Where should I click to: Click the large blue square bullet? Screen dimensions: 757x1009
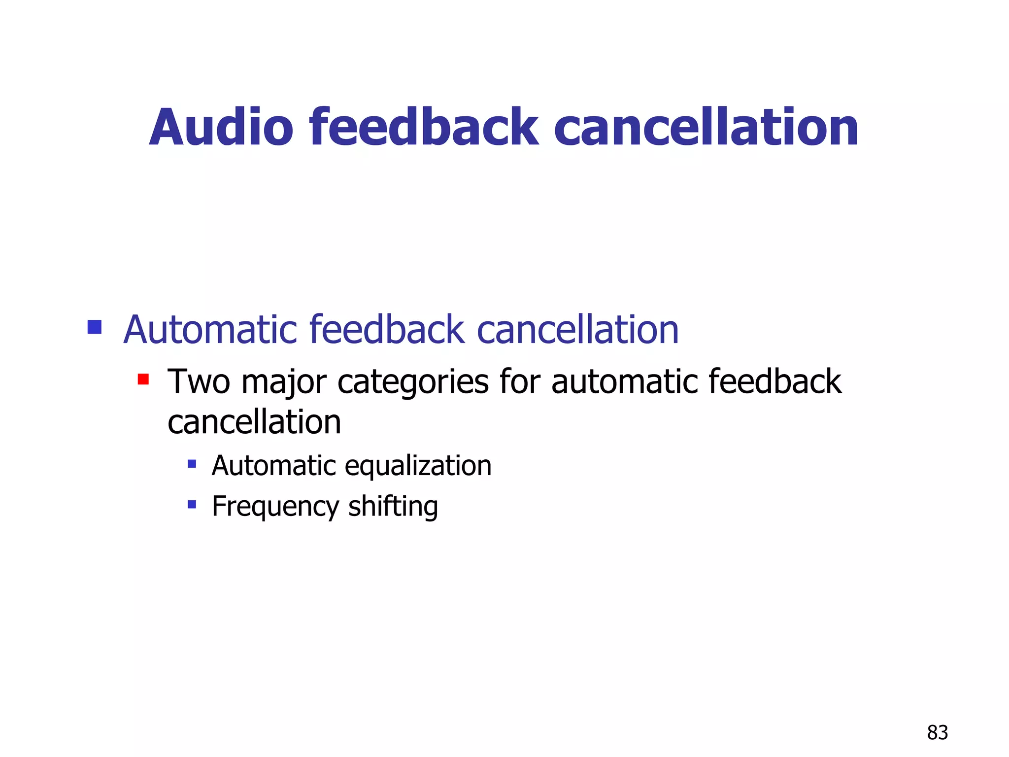tap(94, 327)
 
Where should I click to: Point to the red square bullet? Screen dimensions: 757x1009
tap(143, 379)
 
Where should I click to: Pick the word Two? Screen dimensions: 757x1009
tap(199, 381)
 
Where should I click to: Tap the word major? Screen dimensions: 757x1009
tap(284, 382)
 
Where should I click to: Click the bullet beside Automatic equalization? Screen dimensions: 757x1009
tap(192, 464)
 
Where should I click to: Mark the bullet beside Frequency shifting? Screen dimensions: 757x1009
tap(192, 504)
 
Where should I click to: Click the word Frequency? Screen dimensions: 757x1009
tap(275, 507)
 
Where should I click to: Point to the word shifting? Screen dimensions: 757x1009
tap(393, 507)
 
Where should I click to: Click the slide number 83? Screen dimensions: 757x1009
tap(937, 733)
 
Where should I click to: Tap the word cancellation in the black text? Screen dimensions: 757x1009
tap(254, 422)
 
